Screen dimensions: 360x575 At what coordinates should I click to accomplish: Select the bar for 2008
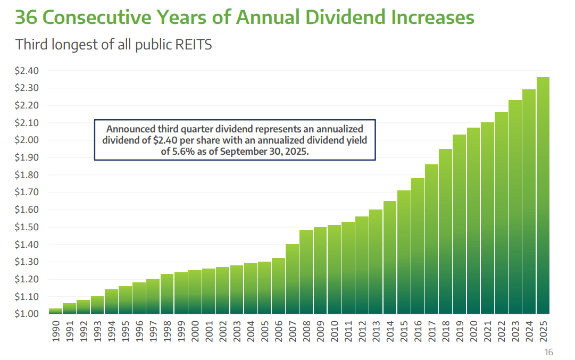click(306, 272)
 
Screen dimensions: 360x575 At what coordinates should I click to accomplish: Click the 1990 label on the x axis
click(56, 332)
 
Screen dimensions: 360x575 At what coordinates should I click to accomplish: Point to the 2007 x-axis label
click(293, 332)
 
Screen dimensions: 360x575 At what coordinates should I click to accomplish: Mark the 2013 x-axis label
click(376, 332)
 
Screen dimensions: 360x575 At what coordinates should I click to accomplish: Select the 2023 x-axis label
click(515, 332)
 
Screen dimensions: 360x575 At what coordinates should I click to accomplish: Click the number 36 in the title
click(27, 17)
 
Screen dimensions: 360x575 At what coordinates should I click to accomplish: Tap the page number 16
click(548, 352)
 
